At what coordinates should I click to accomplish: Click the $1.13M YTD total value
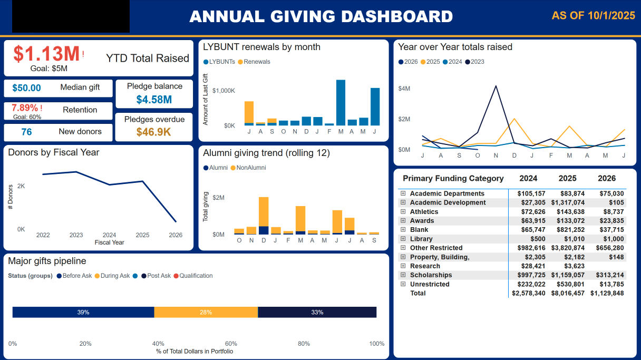click(46, 54)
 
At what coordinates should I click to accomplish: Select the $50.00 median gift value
click(26, 88)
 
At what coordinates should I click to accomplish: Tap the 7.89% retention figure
click(25, 108)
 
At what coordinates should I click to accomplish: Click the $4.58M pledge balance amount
click(154, 100)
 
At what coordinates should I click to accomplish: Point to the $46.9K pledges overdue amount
click(154, 132)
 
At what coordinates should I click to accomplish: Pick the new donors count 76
click(26, 132)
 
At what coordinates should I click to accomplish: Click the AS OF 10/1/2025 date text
click(593, 16)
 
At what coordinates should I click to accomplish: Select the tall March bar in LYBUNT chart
click(341, 102)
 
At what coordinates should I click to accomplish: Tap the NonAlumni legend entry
click(250, 168)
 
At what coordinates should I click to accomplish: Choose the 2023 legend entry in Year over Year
click(477, 62)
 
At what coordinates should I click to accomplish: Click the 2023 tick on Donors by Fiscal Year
click(76, 235)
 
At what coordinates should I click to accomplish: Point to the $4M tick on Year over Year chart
click(404, 89)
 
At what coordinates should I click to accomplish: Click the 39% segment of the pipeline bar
click(83, 312)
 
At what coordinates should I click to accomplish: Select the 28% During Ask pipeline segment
click(206, 312)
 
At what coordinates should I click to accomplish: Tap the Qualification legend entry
click(196, 276)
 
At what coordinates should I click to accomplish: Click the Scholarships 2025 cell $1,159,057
click(567, 275)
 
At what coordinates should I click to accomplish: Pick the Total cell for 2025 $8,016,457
click(567, 293)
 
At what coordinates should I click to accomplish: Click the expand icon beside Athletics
click(403, 211)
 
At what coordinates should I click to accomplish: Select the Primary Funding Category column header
click(453, 178)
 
